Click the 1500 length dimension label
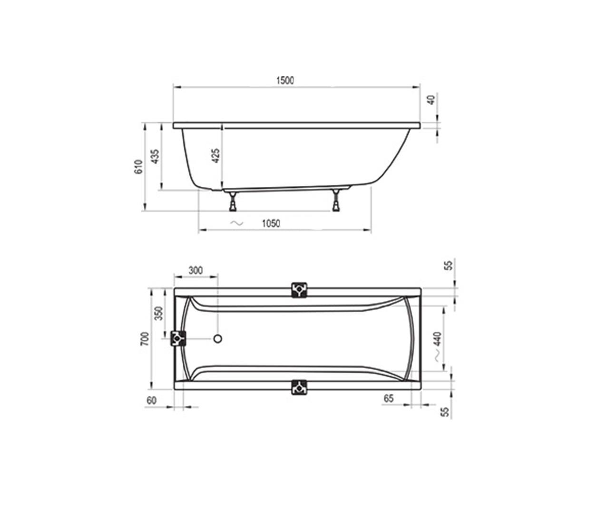[x=285, y=80]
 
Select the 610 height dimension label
[x=138, y=167]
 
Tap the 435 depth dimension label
[x=155, y=156]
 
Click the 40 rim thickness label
[x=431, y=100]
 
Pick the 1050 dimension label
[x=271, y=223]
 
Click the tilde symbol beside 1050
[x=237, y=223]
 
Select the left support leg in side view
[x=232, y=201]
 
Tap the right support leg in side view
[x=336, y=200]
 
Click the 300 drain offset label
[x=196, y=270]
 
